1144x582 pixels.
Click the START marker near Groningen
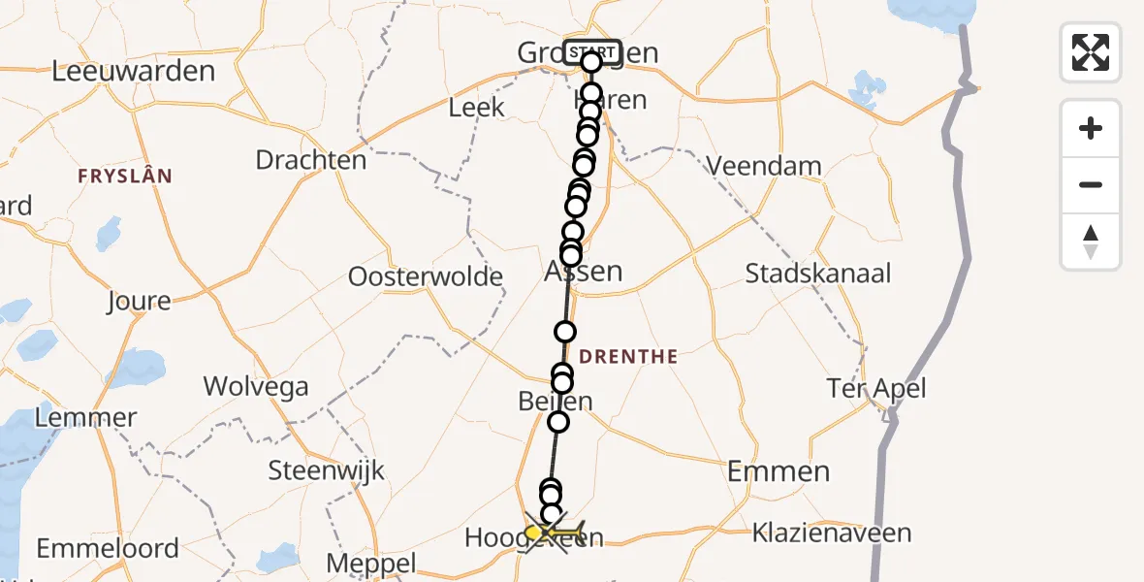click(x=592, y=51)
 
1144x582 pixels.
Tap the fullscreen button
click(x=1091, y=52)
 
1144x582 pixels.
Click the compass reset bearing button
click(x=1091, y=242)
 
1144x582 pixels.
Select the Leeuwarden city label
click(x=134, y=72)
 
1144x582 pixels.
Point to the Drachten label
click(x=311, y=160)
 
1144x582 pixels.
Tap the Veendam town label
click(x=764, y=167)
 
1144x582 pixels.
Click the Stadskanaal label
click(x=817, y=274)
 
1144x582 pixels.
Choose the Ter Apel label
click(x=875, y=389)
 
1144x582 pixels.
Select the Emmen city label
click(x=779, y=472)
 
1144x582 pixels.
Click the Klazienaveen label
click(x=833, y=533)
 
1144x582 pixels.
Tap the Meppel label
click(x=371, y=564)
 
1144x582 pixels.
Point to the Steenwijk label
click(x=327, y=472)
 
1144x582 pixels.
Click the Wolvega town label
click(x=256, y=387)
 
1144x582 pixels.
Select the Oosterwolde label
click(x=426, y=277)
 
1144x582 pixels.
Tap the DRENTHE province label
click(x=628, y=357)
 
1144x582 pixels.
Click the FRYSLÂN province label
click(x=125, y=177)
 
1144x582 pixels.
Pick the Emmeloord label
click(x=108, y=548)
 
